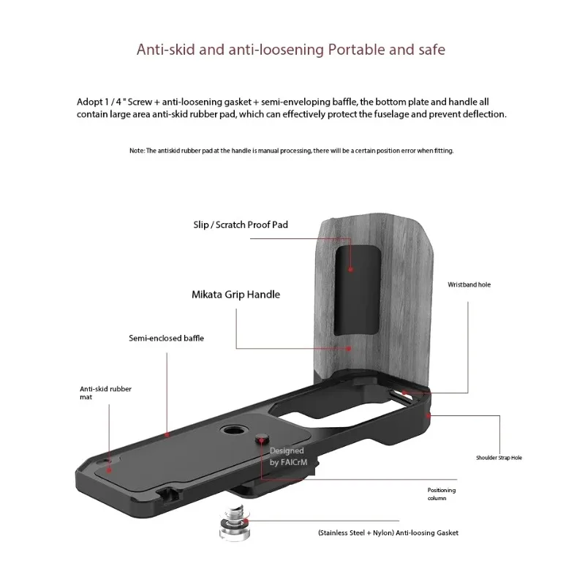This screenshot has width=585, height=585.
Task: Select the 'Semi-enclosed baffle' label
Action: coord(166,339)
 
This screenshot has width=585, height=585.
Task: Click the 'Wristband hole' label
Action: coord(469,284)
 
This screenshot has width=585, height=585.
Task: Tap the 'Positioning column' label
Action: coord(442,494)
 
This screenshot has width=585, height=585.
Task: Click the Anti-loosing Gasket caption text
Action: coord(388,533)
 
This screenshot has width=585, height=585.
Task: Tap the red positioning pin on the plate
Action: coord(262,439)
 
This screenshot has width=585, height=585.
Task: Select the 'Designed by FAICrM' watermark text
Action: coord(287,457)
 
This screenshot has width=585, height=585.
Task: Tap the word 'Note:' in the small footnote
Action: coord(137,151)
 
